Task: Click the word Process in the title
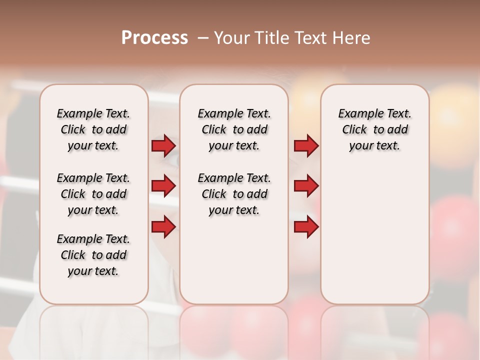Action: (x=154, y=38)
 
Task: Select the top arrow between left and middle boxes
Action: (x=163, y=146)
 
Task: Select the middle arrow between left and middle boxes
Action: (x=163, y=186)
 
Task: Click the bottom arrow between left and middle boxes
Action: (x=163, y=226)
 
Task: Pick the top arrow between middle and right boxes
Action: (x=306, y=146)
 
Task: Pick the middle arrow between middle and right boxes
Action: (x=306, y=186)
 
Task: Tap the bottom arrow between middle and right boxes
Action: (x=306, y=226)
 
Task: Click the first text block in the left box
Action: (x=93, y=129)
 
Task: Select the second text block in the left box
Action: (x=93, y=194)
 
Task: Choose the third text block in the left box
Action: (x=93, y=255)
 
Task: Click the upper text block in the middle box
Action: (x=234, y=129)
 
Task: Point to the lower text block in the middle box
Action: (x=234, y=194)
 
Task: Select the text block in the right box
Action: (x=374, y=129)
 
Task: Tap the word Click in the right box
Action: (x=354, y=130)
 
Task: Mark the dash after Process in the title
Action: (x=202, y=38)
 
